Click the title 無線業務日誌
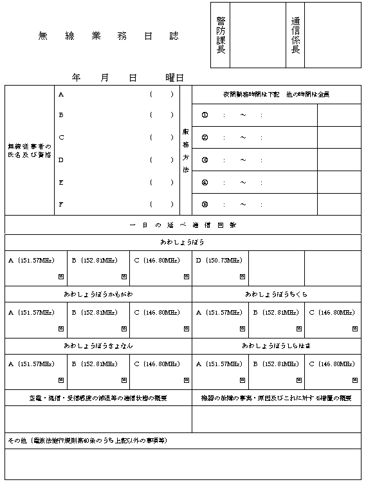click(x=108, y=37)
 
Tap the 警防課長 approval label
click(x=221, y=35)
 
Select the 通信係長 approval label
click(x=295, y=35)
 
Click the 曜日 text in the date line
click(x=174, y=78)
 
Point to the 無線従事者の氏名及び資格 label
click(x=30, y=151)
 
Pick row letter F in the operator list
click(x=61, y=204)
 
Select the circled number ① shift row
click(x=205, y=116)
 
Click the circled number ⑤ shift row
click(x=205, y=205)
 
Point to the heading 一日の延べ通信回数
click(x=183, y=225)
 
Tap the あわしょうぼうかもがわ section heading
click(x=98, y=294)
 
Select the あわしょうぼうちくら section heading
click(x=277, y=294)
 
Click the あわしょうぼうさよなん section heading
click(x=98, y=346)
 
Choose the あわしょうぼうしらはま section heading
click(x=277, y=346)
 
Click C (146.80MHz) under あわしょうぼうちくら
click(x=332, y=312)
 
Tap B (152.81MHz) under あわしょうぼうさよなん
click(x=94, y=364)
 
